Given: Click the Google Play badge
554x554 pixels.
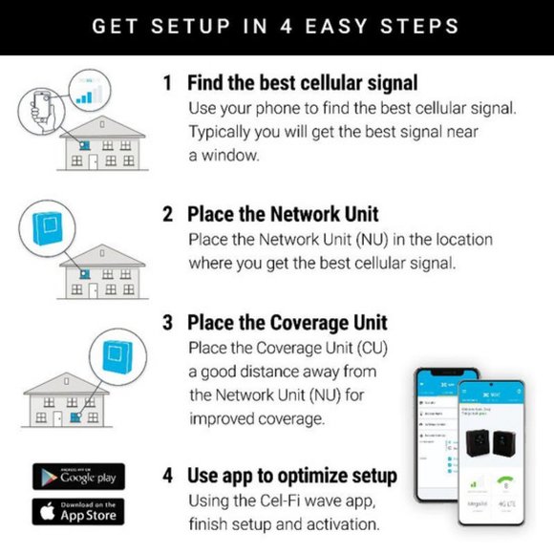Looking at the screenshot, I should [x=78, y=477].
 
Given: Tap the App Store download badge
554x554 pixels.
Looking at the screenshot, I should [x=78, y=511].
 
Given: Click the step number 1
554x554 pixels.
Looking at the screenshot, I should [x=167, y=83].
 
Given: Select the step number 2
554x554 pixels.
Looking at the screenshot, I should [x=167, y=214].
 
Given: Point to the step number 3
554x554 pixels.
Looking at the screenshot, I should [x=167, y=323].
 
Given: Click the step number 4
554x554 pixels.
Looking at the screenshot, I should [x=168, y=476].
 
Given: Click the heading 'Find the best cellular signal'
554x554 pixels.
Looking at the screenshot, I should [x=302, y=83].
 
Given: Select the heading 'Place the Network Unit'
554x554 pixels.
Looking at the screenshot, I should [x=283, y=214].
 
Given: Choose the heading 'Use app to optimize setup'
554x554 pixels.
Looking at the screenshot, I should [x=292, y=476].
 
